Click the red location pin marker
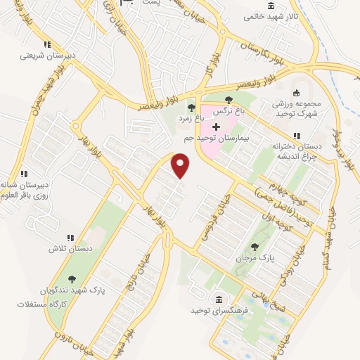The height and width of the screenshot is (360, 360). tap(181, 166)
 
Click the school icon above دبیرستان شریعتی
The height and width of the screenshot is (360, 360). tap(46, 44)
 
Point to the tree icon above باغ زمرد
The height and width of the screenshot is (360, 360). tap(191, 107)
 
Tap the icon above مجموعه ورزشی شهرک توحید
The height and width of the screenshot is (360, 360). tap(296, 92)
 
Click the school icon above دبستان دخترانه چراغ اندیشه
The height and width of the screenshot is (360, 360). tap(297, 135)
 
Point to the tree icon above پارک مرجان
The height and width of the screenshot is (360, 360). tap(255, 247)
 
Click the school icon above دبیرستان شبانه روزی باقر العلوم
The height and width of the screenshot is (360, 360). tap(23, 173)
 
